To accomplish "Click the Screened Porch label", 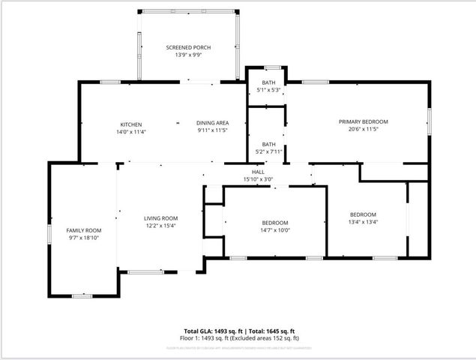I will pyautogui.click(x=188, y=47).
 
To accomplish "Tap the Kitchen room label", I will pyautogui.click(x=131, y=124).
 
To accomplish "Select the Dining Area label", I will pyautogui.click(x=213, y=123).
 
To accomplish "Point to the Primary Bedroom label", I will pyautogui.click(x=363, y=121).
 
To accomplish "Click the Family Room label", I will pyautogui.click(x=84, y=230).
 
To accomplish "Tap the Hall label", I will pyautogui.click(x=258, y=172).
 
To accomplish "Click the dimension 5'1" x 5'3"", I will pyautogui.click(x=268, y=90).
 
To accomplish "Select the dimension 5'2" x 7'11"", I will pyautogui.click(x=268, y=151).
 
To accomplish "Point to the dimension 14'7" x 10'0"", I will pyautogui.click(x=275, y=230).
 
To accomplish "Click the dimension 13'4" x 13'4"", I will pyautogui.click(x=364, y=221).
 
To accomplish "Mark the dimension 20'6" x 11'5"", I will pyautogui.click(x=363, y=129).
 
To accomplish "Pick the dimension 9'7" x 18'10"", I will pyautogui.click(x=84, y=238).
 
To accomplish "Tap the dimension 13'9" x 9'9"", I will pyautogui.click(x=188, y=55).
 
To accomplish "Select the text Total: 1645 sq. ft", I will pyautogui.click(x=271, y=331).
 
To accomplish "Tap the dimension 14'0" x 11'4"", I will pyautogui.click(x=131, y=131).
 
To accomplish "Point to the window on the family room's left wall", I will pyautogui.click(x=49, y=234).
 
